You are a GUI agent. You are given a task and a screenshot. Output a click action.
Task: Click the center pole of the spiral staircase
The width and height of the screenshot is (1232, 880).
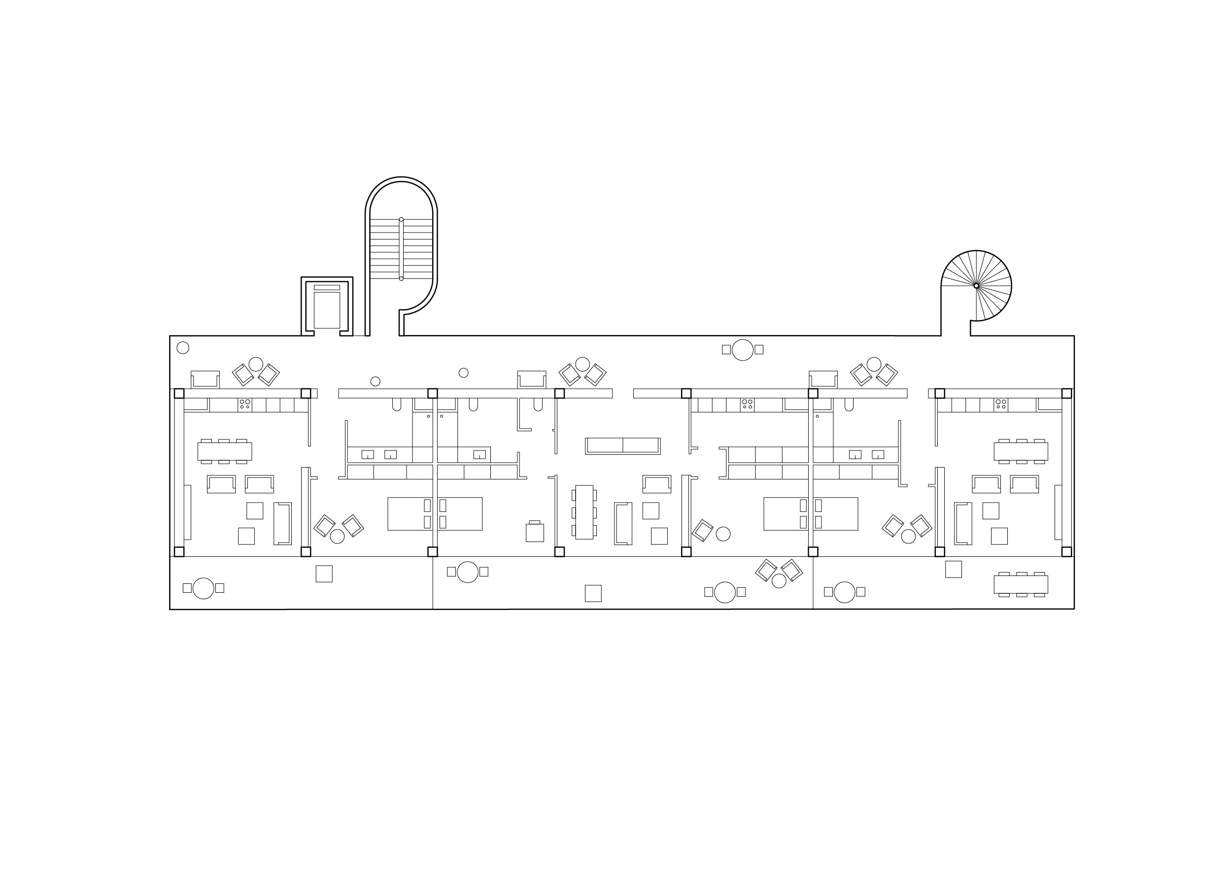976,286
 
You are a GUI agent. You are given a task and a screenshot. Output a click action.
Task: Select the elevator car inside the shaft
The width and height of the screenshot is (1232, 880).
327,310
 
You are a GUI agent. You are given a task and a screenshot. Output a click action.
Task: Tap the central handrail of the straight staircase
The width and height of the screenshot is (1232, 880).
401,249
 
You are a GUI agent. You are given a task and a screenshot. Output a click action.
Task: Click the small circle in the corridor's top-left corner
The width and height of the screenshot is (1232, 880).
183,348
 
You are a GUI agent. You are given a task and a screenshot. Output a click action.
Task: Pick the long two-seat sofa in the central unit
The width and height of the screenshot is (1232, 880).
623,446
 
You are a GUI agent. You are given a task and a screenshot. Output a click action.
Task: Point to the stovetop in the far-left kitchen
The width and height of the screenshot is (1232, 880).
245,405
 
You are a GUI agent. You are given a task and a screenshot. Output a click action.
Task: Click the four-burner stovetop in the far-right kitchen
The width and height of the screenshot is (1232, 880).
1000,405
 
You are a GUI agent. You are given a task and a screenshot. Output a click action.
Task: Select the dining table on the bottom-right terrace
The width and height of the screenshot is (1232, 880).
1021,585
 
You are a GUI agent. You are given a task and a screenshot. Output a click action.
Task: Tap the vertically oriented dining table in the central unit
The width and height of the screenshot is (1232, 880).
584,512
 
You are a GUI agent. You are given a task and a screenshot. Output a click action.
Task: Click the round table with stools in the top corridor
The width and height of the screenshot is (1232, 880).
743,350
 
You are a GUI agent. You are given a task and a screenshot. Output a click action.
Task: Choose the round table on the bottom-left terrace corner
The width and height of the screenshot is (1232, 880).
203,588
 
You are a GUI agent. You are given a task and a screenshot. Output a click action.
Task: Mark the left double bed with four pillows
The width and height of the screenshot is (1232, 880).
435,514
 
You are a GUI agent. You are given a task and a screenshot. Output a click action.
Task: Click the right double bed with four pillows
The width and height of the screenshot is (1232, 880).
811,514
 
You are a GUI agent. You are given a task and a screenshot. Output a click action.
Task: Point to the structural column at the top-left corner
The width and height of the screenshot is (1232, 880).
179,393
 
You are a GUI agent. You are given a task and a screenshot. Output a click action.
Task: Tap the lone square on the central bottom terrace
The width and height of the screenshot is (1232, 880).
593,593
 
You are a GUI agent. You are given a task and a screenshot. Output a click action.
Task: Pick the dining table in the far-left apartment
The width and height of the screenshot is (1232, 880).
225,451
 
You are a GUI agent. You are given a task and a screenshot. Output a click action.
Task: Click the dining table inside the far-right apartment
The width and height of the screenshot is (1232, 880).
1021,451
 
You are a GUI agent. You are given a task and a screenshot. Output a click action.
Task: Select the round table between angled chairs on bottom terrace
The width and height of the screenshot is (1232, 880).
779,581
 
